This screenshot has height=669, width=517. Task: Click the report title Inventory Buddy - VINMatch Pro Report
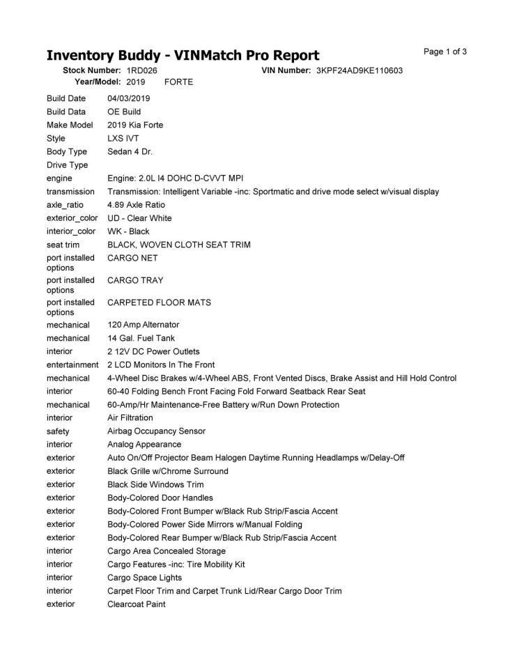coord(183,55)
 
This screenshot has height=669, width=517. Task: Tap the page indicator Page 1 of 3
coord(445,52)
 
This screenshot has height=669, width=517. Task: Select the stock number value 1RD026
coord(141,70)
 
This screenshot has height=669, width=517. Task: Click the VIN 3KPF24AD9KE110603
coord(359,70)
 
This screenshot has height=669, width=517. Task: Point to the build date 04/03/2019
coord(128,98)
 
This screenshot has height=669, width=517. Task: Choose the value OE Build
coord(124,111)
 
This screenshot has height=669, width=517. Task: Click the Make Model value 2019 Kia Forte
coord(135,125)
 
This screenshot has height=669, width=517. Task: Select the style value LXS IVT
coord(123,138)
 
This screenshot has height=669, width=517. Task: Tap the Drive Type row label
coord(67,165)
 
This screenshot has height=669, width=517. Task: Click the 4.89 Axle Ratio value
coord(136,205)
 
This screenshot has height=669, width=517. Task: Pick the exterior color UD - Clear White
coord(139,218)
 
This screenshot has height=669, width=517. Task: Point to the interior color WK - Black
coord(128,231)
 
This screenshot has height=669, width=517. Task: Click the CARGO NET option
coord(132,258)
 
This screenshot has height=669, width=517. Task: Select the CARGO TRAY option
coord(135,280)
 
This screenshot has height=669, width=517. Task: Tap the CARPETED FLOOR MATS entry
coord(159,302)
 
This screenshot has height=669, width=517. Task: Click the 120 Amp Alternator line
coord(143,325)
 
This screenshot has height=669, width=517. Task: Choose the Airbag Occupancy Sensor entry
coord(156,431)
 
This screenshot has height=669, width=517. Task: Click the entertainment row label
coord(72,365)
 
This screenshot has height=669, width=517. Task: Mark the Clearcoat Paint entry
coord(136,604)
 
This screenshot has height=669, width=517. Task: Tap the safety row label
coord(58,431)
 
